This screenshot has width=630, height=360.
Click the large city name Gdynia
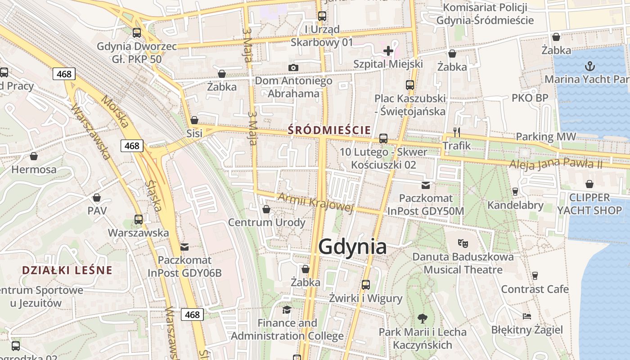tap(352, 247)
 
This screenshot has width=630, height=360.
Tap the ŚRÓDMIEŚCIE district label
tap(330, 130)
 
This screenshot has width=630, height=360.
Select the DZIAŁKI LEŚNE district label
tap(67, 270)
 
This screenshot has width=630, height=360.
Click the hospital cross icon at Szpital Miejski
tap(388, 51)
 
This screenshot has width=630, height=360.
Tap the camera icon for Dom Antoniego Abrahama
tap(293, 67)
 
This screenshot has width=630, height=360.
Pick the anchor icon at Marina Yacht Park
tap(589, 67)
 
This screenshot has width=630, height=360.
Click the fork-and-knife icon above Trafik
tap(457, 132)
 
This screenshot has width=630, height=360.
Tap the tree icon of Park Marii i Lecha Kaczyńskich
tap(422, 319)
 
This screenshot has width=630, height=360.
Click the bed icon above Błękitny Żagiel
tap(527, 316)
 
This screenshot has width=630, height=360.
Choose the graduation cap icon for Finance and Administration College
tap(287, 310)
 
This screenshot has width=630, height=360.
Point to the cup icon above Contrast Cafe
tap(535, 275)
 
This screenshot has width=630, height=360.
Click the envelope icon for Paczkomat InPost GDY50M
tap(425, 185)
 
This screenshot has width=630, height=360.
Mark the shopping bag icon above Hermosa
tap(34, 156)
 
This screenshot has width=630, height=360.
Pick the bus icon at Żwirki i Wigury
tap(365, 284)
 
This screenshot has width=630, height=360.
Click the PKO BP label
tap(530, 98)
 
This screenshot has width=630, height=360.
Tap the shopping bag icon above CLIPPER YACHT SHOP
tap(589, 184)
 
